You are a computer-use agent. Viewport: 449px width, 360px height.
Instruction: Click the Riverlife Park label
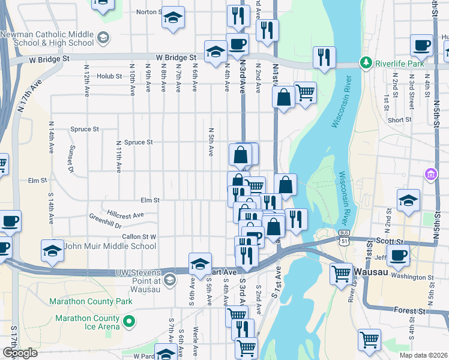[399, 63]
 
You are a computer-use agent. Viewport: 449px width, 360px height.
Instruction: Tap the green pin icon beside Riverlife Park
[365, 62]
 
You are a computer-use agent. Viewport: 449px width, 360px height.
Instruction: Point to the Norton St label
[148, 11]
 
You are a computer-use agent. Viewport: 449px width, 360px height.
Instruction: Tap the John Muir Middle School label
[110, 246]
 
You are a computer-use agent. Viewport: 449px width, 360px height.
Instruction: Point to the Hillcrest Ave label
[125, 214]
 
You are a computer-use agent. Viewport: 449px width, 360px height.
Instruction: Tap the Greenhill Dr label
[105, 226]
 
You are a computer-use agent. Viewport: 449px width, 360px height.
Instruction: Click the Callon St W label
[139, 237]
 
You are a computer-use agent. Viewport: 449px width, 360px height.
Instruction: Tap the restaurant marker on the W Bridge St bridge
[324, 58]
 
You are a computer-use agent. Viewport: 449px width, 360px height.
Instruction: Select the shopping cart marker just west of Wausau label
[341, 274]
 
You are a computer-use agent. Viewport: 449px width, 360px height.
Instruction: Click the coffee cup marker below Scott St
[397, 255]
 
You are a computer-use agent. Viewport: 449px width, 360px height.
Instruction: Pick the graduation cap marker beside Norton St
[173, 18]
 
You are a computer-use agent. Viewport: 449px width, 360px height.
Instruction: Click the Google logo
[19, 353]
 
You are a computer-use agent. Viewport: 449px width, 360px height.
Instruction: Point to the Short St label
[399, 120]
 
